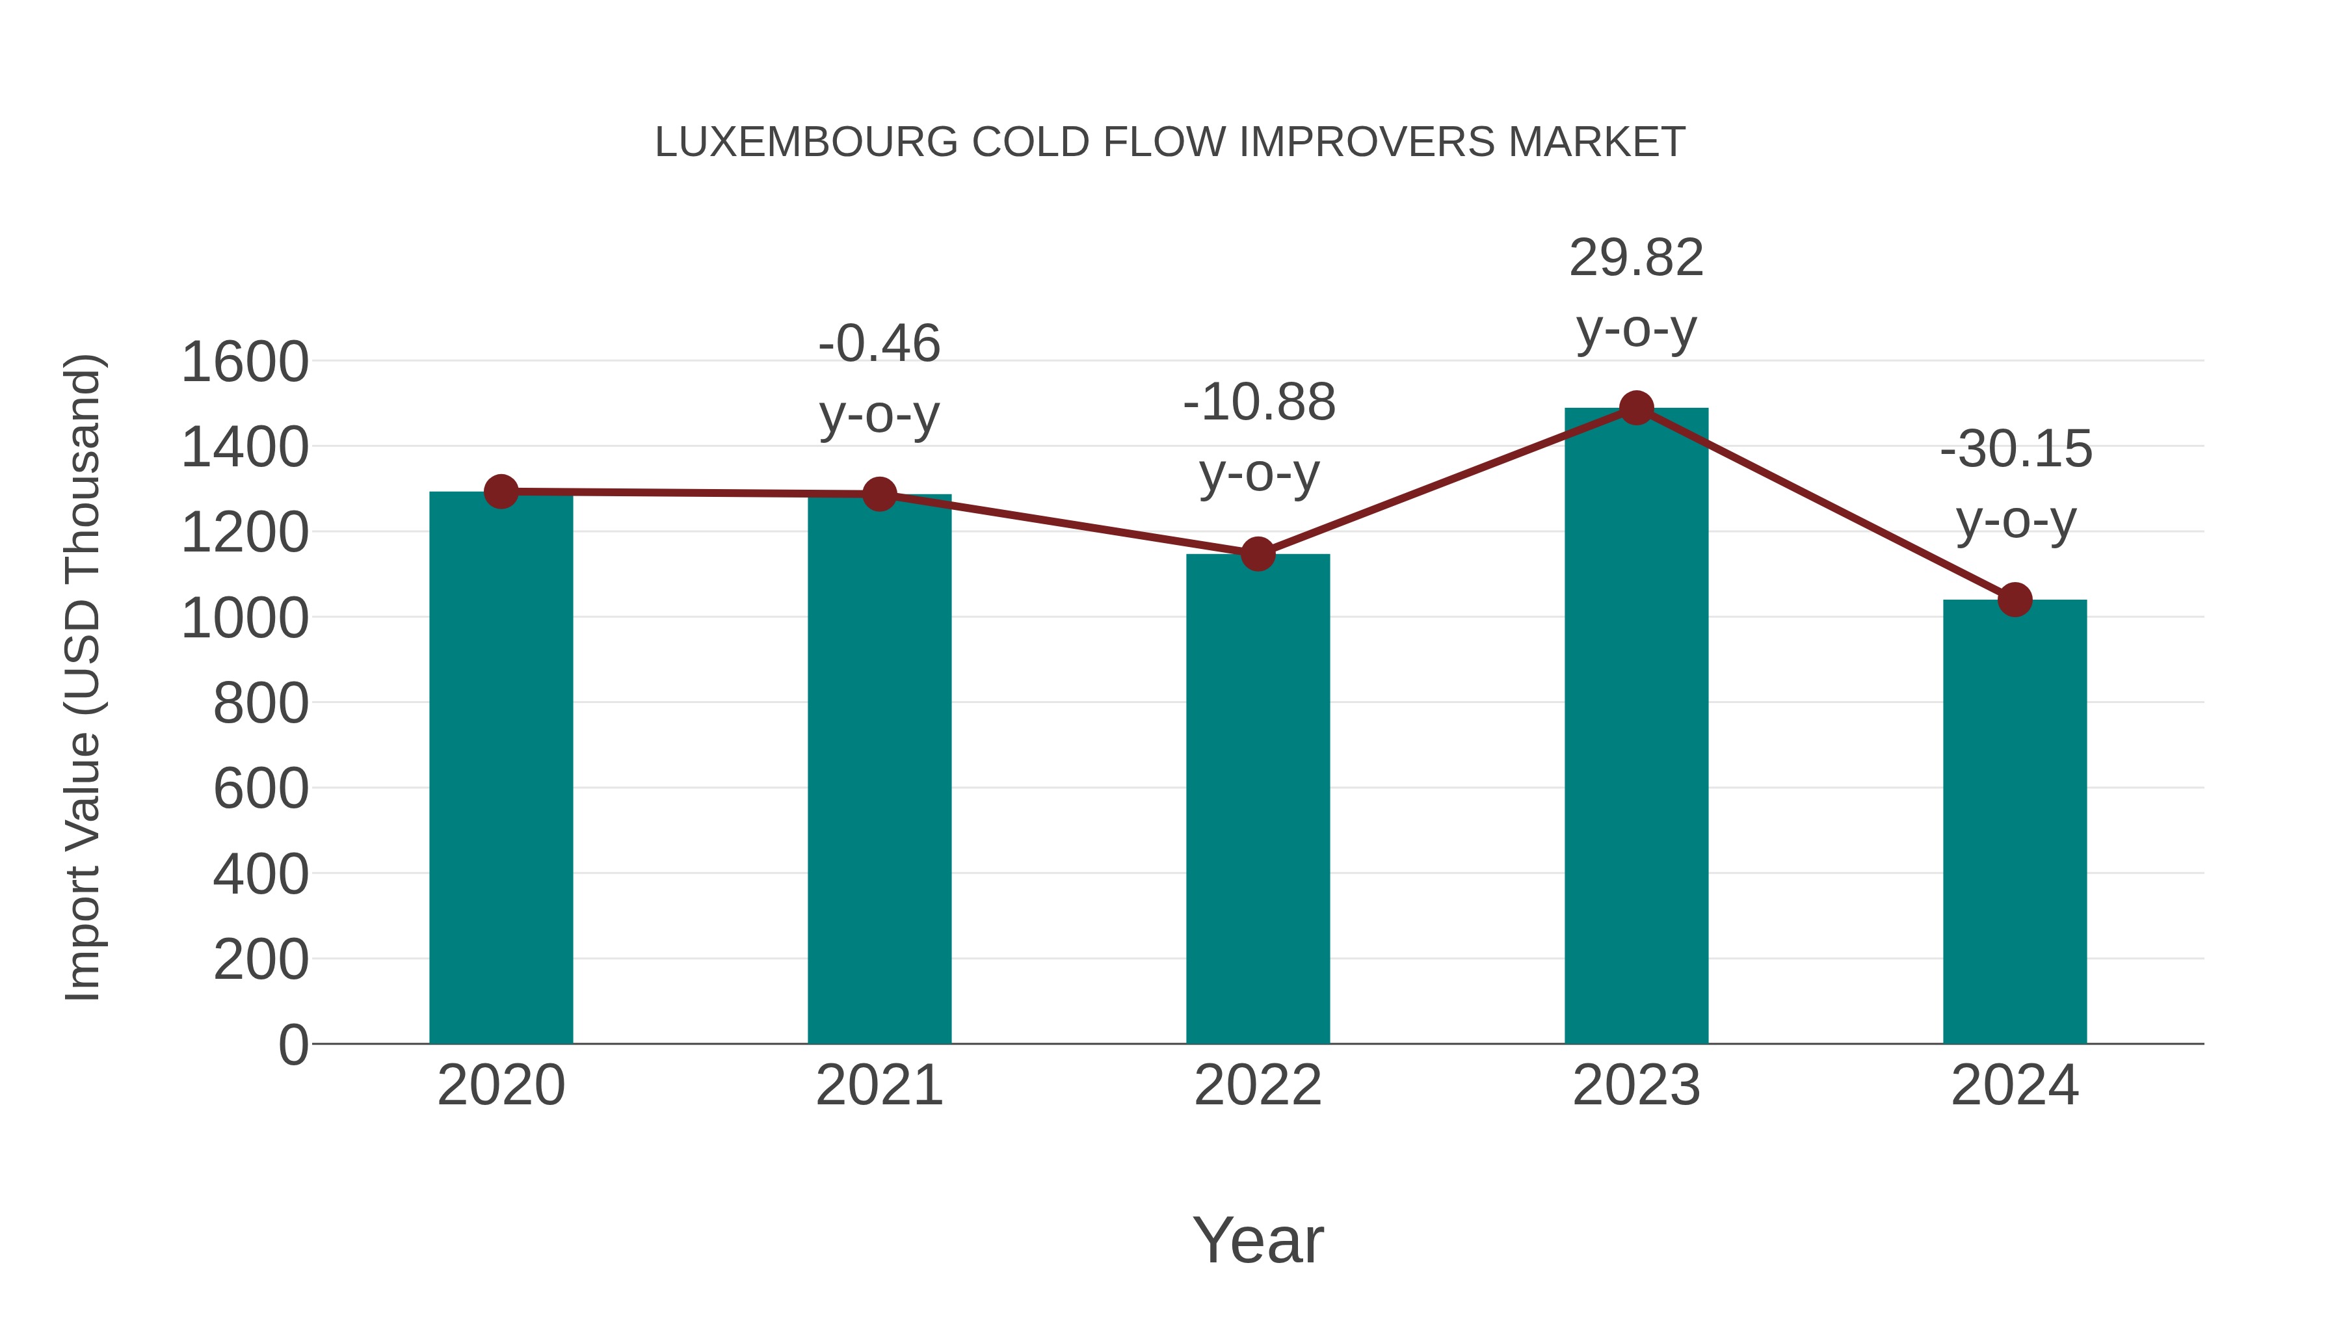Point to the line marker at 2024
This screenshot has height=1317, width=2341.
(2015, 600)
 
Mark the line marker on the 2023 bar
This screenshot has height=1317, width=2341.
(1636, 408)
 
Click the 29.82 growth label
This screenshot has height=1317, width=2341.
(1636, 258)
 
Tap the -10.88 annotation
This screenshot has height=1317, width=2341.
(1259, 402)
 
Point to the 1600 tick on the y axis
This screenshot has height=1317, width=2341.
(245, 362)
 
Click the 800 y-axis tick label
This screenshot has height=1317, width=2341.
(261, 704)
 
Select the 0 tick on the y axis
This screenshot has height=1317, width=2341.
(293, 1044)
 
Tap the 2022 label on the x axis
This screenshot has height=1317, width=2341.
(1258, 1085)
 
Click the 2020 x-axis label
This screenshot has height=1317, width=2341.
(501, 1085)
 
